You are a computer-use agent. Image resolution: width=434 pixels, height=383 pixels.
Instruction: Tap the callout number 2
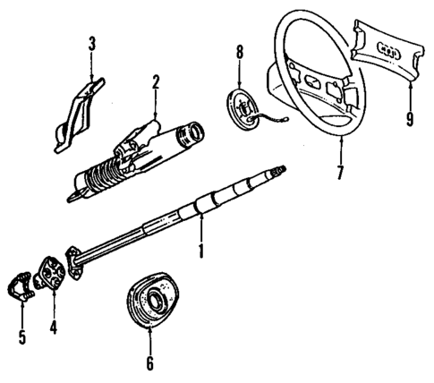[155, 83]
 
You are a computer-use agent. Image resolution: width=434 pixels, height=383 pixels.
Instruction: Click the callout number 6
[149, 362]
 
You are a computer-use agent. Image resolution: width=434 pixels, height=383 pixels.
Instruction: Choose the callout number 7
[339, 172]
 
